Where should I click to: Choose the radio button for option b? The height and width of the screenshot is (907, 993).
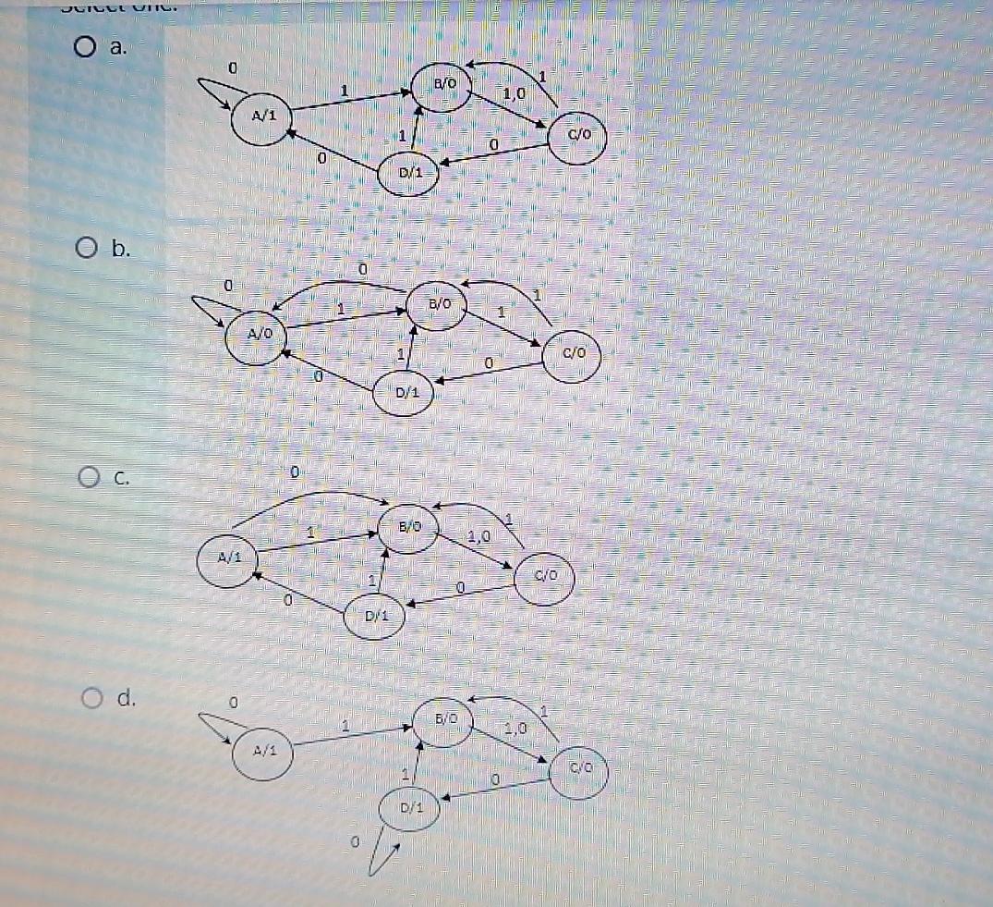87,248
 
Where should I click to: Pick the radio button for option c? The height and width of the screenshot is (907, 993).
89,478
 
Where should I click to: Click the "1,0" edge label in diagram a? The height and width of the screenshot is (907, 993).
514,93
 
